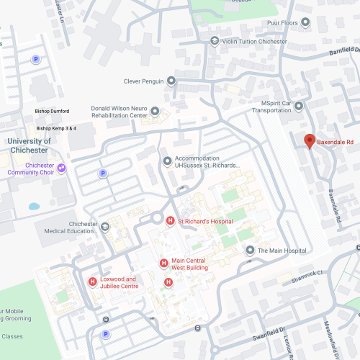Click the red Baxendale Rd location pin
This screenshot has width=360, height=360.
click(310, 141)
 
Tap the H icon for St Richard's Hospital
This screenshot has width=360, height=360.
click(170, 221)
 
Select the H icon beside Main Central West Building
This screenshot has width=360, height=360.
click(163, 264)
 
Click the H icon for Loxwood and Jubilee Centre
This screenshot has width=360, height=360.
click(92, 282)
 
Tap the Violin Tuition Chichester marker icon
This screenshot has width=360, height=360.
click(214, 41)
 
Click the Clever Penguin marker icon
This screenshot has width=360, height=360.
click(171, 81)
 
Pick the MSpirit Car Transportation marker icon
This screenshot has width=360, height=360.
click(299, 106)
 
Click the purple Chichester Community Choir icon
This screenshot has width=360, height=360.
click(61, 168)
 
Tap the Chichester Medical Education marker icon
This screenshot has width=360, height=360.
click(105, 228)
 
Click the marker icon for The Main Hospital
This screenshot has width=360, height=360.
click(249, 251)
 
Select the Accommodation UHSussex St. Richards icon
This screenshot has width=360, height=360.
click(167, 161)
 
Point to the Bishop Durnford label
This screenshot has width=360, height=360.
click(52, 112)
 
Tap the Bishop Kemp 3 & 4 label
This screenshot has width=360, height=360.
click(55, 128)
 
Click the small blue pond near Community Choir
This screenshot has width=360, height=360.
click(34, 207)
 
